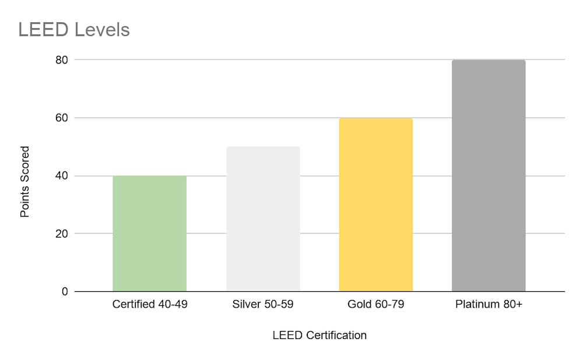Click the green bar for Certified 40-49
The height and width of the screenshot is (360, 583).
149,233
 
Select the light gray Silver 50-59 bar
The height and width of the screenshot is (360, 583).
263,218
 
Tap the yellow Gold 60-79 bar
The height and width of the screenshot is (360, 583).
376,204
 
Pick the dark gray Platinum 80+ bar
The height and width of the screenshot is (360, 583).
489,175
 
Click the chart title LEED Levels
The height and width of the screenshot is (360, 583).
73,29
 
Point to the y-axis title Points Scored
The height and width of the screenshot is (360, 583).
24,182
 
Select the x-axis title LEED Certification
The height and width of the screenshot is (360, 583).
319,336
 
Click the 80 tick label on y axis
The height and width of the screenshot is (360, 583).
62,60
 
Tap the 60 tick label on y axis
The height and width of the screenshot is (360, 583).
62,118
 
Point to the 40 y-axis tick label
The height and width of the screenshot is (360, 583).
62,176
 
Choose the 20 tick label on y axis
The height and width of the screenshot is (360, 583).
62,234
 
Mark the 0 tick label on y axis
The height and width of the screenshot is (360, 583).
65,291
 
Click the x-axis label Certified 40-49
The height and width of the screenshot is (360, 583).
150,305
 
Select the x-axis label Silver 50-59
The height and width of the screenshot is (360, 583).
263,305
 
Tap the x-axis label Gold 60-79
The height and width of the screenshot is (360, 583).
376,305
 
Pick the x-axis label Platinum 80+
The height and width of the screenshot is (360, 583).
489,305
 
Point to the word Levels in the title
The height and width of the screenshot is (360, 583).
102,29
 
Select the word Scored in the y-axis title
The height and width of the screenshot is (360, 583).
24,165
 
